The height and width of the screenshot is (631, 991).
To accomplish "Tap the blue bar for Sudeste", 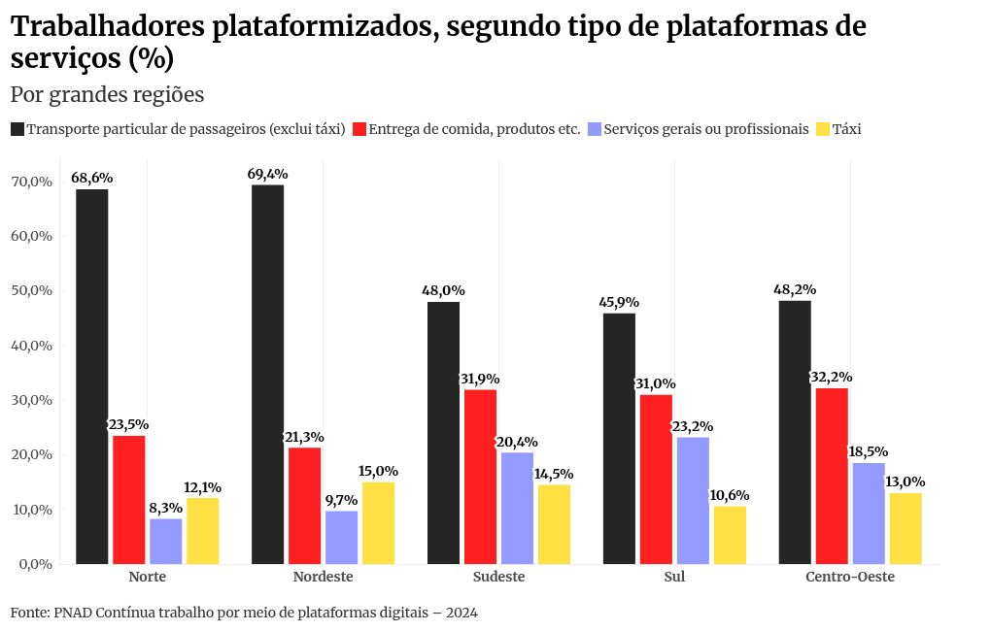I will coord(517,508).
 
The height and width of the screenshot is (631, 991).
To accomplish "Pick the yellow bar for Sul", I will coord(730,535).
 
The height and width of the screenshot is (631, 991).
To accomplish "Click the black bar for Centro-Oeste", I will coord(795,432).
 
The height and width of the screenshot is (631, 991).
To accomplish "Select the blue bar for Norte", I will coord(166,541).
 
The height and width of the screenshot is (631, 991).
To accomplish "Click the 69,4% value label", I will coord(268,175).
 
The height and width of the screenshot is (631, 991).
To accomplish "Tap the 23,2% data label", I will coord(693,426).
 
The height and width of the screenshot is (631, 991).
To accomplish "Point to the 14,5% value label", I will coord(554,474).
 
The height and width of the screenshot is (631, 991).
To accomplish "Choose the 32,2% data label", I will coord(831,377).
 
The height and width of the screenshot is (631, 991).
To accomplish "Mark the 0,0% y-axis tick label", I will coord(33,564).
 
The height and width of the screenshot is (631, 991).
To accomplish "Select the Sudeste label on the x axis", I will coord(498,577).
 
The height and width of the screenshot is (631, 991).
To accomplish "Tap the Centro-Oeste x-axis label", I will coord(850,577).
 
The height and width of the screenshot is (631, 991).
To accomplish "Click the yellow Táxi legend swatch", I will coord(822,129).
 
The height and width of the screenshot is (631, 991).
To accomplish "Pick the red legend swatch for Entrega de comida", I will coord(359,129).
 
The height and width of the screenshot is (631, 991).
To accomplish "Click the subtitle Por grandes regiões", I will coord(107,94).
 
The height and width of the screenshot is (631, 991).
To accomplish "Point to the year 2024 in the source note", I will coord(461,613).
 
